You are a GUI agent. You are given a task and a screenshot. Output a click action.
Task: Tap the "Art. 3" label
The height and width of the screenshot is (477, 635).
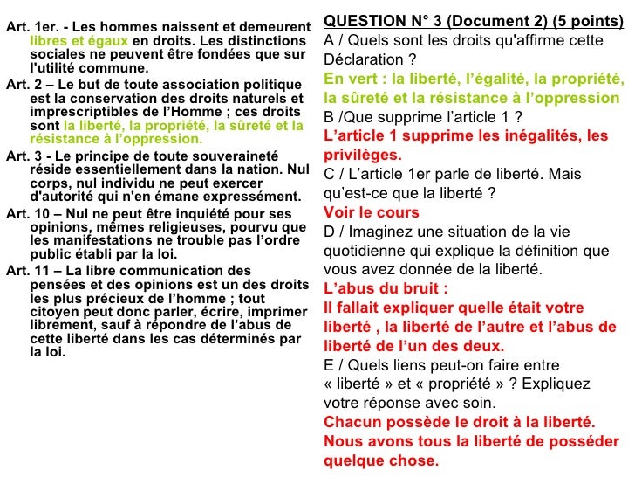pyautogui.click(x=24, y=156)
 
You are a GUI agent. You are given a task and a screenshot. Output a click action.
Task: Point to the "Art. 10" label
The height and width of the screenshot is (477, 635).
pyautogui.click(x=27, y=213)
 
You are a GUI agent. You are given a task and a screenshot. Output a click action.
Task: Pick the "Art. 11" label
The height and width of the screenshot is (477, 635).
pyautogui.click(x=27, y=271)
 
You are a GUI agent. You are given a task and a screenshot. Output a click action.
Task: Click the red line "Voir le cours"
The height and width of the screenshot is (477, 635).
pyautogui.click(x=371, y=212)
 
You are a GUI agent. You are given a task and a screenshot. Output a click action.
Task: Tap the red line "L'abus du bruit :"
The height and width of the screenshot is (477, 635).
pyautogui.click(x=386, y=288)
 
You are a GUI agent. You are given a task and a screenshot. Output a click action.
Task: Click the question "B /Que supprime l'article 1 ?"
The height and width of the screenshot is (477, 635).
pyautogui.click(x=424, y=116)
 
